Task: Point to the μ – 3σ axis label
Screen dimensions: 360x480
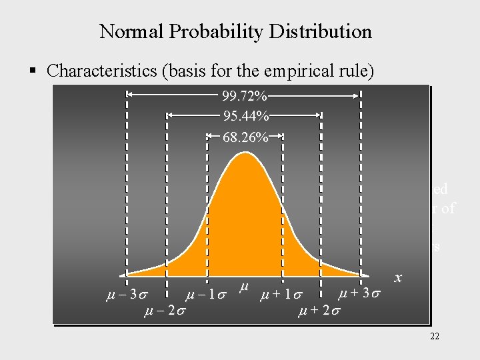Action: point(123,293)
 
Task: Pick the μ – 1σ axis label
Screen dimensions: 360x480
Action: point(207,294)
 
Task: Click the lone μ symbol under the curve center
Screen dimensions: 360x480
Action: point(243,287)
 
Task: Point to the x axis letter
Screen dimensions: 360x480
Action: point(399,277)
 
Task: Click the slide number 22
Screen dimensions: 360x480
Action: point(435,337)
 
